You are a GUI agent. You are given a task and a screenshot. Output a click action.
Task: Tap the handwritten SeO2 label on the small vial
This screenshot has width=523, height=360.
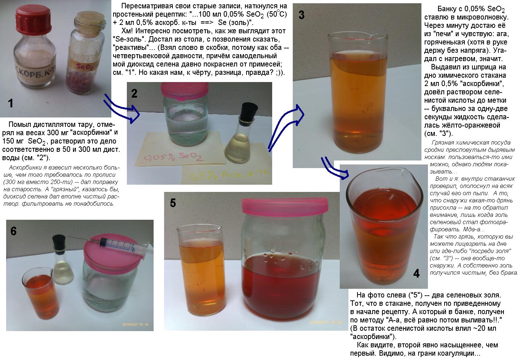[85, 67]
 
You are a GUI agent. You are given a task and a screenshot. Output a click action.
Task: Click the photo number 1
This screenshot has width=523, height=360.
[10, 103]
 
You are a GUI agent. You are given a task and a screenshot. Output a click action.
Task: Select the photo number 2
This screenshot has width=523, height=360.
[134, 93]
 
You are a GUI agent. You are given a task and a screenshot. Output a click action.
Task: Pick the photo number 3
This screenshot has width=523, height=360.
[301, 15]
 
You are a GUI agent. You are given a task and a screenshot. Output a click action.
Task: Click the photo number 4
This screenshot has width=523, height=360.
[416, 273]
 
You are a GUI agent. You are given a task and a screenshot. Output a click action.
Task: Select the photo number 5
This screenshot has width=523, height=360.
[173, 203]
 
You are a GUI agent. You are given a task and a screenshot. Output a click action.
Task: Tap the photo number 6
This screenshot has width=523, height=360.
[13, 231]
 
